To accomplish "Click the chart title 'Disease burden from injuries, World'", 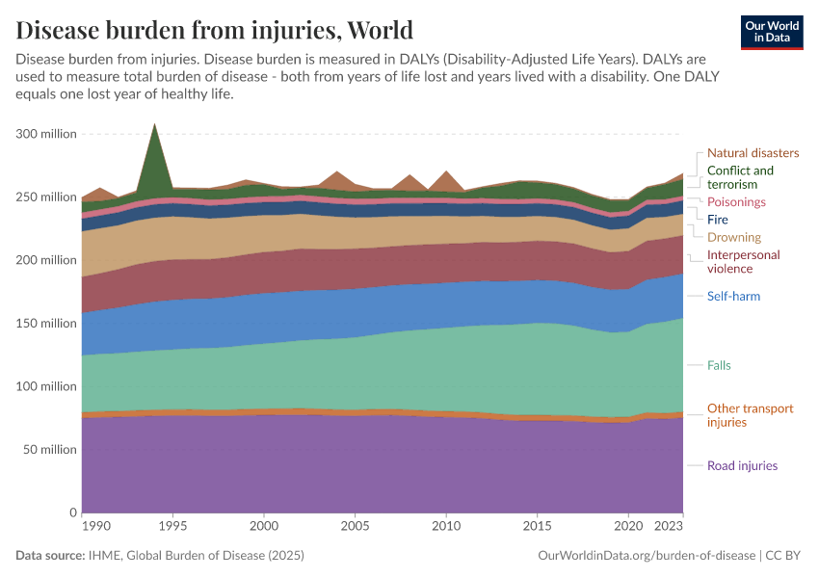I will click(x=214, y=29).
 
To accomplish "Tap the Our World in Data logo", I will click(x=771, y=31).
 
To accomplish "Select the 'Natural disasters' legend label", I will click(x=753, y=152).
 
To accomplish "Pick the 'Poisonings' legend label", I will click(x=736, y=202).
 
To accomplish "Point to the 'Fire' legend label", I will click(x=718, y=220).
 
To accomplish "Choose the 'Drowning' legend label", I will click(x=734, y=237).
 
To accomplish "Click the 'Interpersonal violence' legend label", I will click(x=744, y=262).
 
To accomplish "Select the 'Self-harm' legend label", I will click(x=734, y=296).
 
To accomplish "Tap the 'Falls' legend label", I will click(x=720, y=365).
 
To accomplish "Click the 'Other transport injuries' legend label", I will click(x=751, y=415).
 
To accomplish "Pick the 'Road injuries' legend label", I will click(x=742, y=465).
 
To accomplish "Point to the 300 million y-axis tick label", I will click(x=45, y=134).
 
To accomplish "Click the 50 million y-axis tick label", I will click(x=49, y=449).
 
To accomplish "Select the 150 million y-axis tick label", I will click(x=45, y=323).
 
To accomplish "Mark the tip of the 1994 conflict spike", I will click(x=154, y=124).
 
